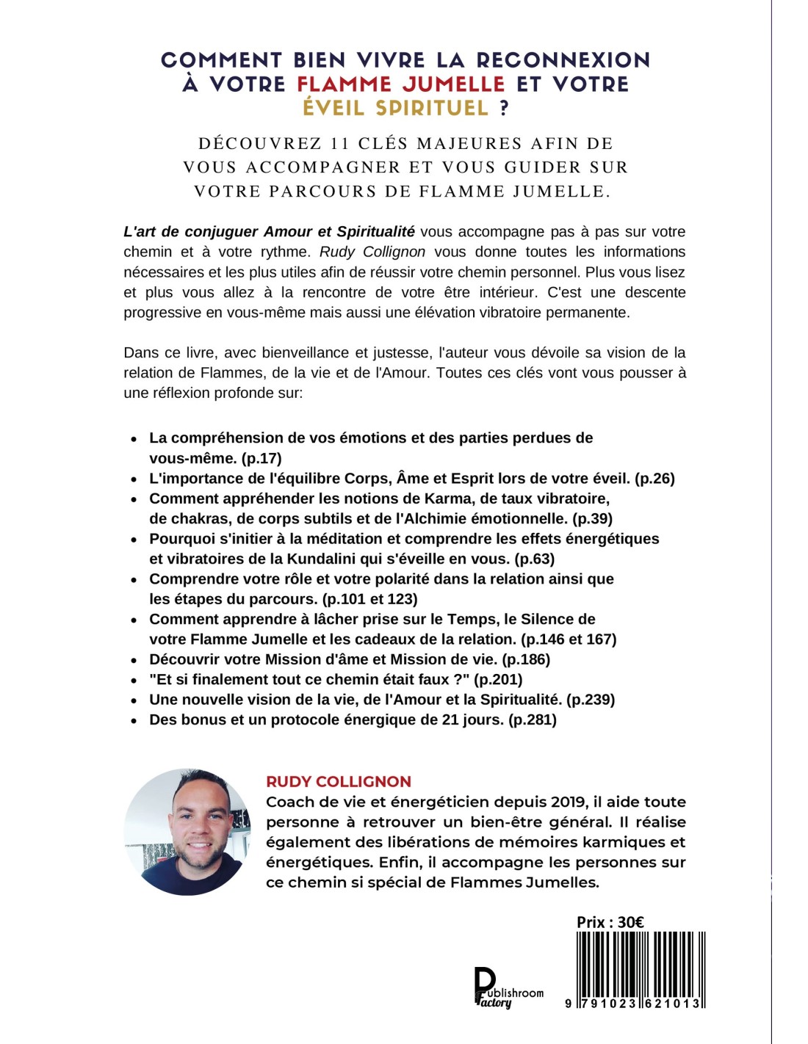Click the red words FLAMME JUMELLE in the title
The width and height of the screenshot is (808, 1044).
click(x=401, y=84)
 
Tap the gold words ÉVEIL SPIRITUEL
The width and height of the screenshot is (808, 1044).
click(x=395, y=108)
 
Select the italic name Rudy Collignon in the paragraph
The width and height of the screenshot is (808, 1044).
click(x=372, y=252)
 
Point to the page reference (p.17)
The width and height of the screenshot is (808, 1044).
click(x=261, y=458)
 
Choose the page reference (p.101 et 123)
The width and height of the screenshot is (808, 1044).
click(x=369, y=599)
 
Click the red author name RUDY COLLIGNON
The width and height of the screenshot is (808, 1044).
click(x=339, y=782)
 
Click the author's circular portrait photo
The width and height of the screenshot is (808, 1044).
click(x=187, y=832)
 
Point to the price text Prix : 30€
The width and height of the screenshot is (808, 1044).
click(x=610, y=922)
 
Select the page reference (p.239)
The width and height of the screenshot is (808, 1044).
click(x=591, y=700)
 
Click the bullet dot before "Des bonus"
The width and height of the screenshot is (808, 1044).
click(x=134, y=721)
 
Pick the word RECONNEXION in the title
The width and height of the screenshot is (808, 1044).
click(x=563, y=59)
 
